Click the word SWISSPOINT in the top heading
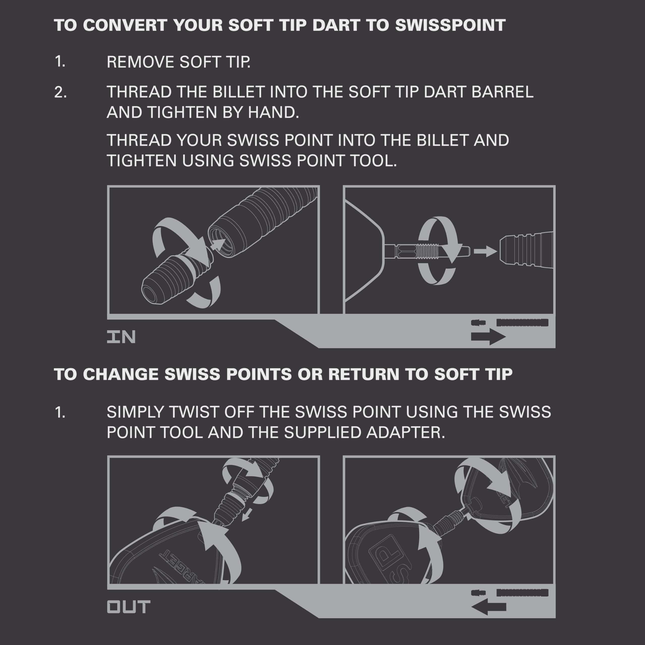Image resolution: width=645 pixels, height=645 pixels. tap(450, 25)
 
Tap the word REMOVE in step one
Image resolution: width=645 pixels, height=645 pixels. tap(140, 62)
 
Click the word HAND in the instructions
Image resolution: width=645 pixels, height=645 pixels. tap(273, 113)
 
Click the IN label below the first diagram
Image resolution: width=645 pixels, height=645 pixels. tap(121, 337)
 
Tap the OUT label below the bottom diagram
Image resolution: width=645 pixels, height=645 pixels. tap(128, 607)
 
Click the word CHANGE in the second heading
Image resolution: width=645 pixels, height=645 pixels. tap(120, 374)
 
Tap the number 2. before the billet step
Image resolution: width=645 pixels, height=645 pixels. tap(60, 92)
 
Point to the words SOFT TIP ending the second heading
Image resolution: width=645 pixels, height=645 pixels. tap(473, 374)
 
